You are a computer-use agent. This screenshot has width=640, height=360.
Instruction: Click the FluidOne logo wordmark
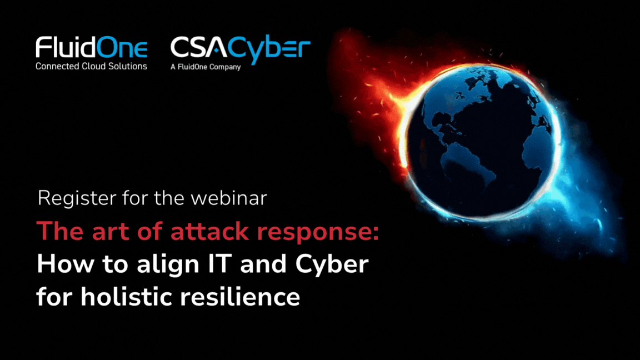[x=92, y=49]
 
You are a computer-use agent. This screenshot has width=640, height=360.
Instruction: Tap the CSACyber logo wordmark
[x=240, y=49]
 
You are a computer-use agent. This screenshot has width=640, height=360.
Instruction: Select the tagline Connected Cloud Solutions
[x=92, y=66]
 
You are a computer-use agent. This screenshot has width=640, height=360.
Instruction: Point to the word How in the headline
[x=57, y=264]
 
